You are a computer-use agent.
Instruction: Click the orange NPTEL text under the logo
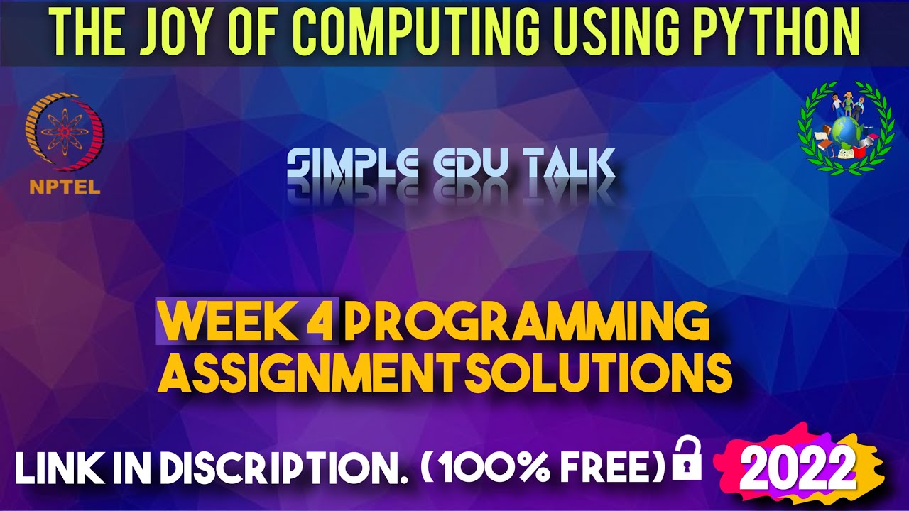[65, 188]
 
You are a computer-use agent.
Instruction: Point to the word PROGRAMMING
[527, 323]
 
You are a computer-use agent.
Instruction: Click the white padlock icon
[686, 459]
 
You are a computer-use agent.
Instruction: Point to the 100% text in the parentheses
[497, 469]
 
